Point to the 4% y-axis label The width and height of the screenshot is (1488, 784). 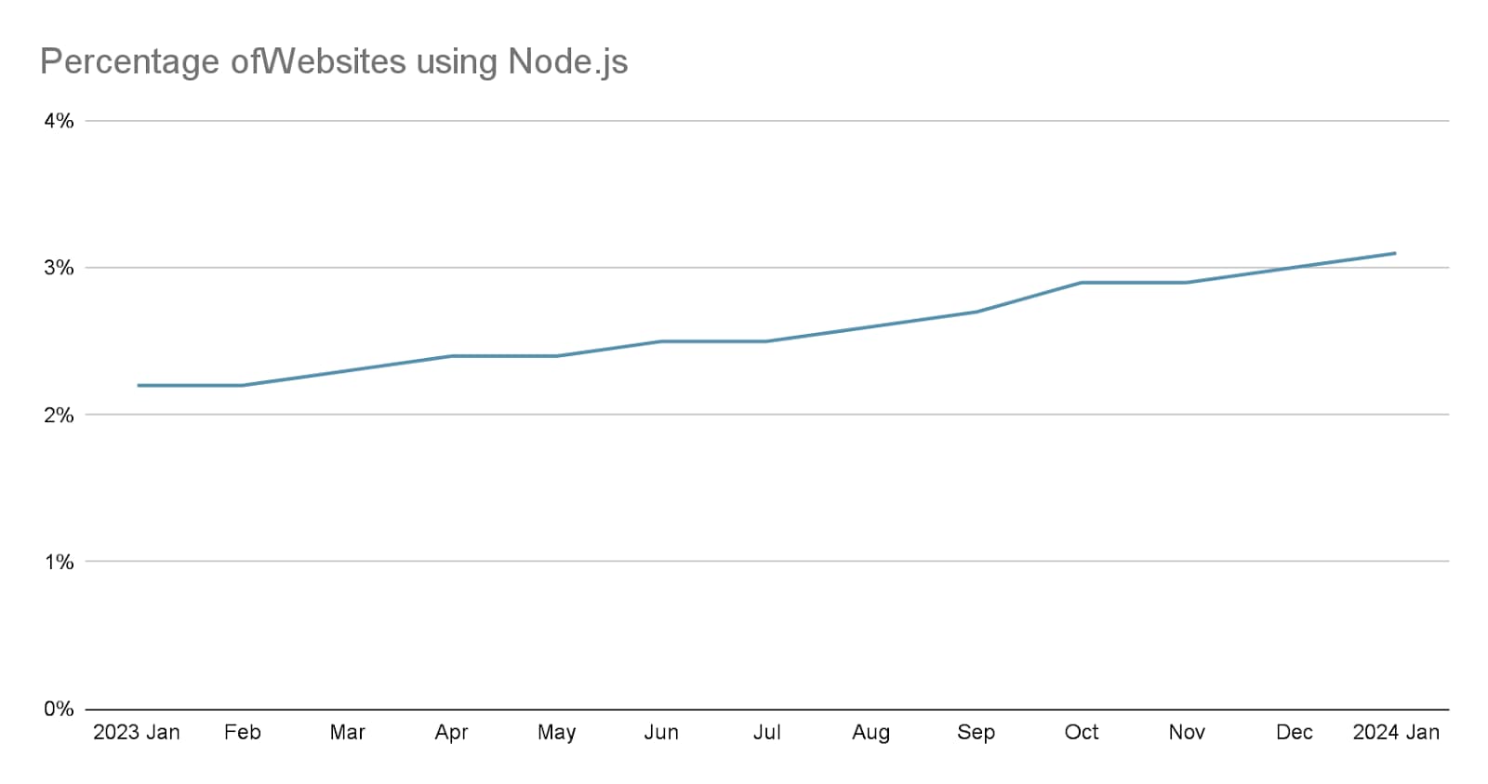[59, 121]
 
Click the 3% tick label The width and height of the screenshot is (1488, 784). [59, 268]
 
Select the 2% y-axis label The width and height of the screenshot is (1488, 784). [59, 415]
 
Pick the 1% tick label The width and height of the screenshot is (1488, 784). [59, 562]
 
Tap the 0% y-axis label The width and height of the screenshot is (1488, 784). [59, 709]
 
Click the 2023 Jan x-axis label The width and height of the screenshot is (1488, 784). [137, 733]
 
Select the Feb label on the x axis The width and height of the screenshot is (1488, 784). [243, 733]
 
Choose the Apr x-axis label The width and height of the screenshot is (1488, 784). [451, 733]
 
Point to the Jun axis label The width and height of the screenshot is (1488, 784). [661, 733]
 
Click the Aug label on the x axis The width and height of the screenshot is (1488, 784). [870, 733]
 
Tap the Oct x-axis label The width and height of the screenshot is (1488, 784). [1082, 733]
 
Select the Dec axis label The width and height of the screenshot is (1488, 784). [1294, 733]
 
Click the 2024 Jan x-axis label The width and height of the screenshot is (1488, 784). [1396, 733]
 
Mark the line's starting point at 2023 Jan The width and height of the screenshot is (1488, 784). [138, 385]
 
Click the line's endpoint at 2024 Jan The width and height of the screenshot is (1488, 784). [1395, 253]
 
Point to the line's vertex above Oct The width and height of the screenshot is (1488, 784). [1082, 283]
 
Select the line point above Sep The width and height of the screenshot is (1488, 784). [976, 312]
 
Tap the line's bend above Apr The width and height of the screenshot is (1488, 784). [451, 356]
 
